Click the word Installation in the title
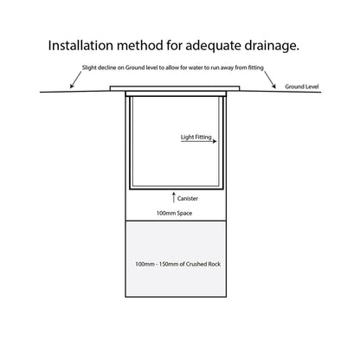(x=80, y=46)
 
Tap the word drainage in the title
(x=271, y=46)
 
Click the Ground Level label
(x=302, y=87)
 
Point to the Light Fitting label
(x=196, y=137)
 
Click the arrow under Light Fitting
(x=199, y=141)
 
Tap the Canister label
(x=188, y=198)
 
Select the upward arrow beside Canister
(x=174, y=196)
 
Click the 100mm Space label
(x=174, y=213)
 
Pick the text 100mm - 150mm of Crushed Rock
(x=178, y=264)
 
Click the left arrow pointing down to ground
(x=76, y=80)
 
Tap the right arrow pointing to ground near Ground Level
(x=270, y=80)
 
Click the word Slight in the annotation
(x=89, y=67)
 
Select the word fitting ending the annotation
(x=256, y=67)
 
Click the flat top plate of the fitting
(x=175, y=88)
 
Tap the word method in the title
(x=139, y=46)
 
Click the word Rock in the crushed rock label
(x=214, y=264)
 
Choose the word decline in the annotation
(x=106, y=67)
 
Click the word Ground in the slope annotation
(x=134, y=67)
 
